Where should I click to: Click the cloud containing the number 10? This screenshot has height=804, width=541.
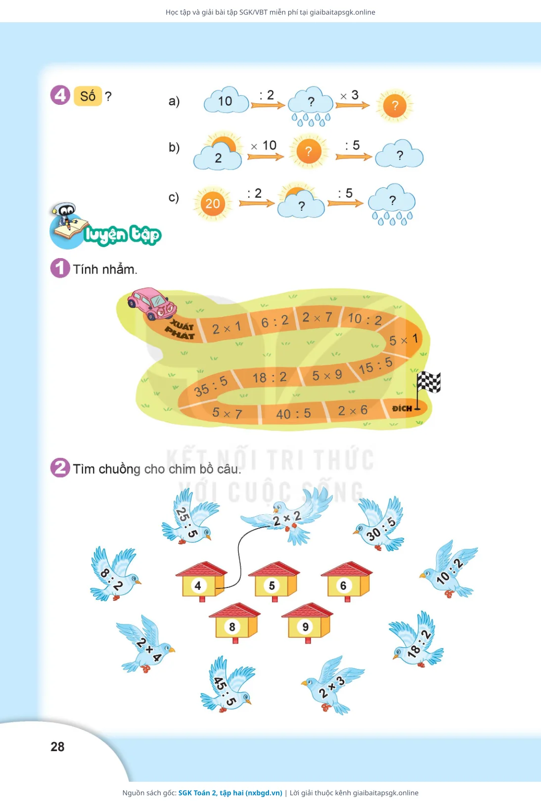(x=226, y=100)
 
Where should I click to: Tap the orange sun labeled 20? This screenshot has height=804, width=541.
(x=212, y=204)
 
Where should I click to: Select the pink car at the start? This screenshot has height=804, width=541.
(x=152, y=303)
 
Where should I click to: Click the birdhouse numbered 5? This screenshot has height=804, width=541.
(x=274, y=581)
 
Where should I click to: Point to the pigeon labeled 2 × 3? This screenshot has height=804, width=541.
(x=332, y=685)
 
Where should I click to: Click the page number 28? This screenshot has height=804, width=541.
(x=57, y=747)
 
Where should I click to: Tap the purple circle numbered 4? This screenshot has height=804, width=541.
(x=60, y=95)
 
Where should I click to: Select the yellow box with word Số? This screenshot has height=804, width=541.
(x=88, y=96)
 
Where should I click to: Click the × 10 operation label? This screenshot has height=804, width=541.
(x=264, y=145)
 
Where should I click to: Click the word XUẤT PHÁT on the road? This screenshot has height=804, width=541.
(x=181, y=329)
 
